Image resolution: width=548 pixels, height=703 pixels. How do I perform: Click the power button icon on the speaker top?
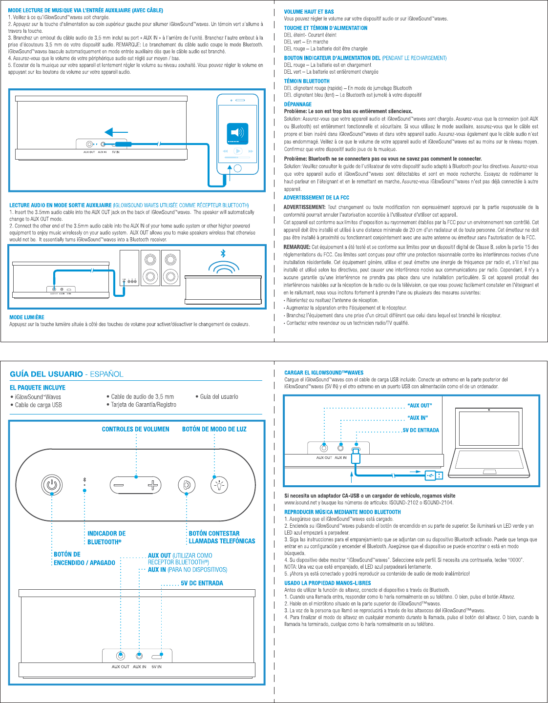[x=52, y=485]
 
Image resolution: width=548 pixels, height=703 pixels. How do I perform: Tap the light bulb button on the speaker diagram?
[x=219, y=485]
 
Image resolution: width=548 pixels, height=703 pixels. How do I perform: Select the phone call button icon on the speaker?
[x=186, y=485]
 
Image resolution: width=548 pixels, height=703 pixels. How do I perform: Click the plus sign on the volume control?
[x=153, y=485]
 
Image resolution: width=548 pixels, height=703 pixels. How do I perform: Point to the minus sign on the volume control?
[x=119, y=485]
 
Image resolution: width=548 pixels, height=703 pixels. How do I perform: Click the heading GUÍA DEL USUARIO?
[x=46, y=374]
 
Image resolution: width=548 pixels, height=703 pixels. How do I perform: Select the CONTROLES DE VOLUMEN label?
[x=135, y=429]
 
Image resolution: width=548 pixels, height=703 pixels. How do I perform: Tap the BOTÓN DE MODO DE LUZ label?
[x=214, y=429]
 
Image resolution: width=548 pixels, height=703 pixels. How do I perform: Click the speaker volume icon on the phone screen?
[x=237, y=132]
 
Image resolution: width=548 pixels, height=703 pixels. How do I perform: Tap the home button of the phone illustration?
[x=237, y=168]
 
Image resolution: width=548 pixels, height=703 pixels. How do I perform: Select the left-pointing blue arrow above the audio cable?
[x=116, y=132]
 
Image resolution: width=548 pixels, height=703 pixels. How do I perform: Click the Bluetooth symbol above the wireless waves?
[x=223, y=253]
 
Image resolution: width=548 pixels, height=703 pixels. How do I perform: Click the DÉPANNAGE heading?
[x=298, y=104]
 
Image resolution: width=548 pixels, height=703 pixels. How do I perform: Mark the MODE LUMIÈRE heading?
[x=27, y=317]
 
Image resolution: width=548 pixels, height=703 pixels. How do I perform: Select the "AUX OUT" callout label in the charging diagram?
[x=420, y=406]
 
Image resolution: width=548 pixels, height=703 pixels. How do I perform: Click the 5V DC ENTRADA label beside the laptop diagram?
[x=421, y=430]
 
